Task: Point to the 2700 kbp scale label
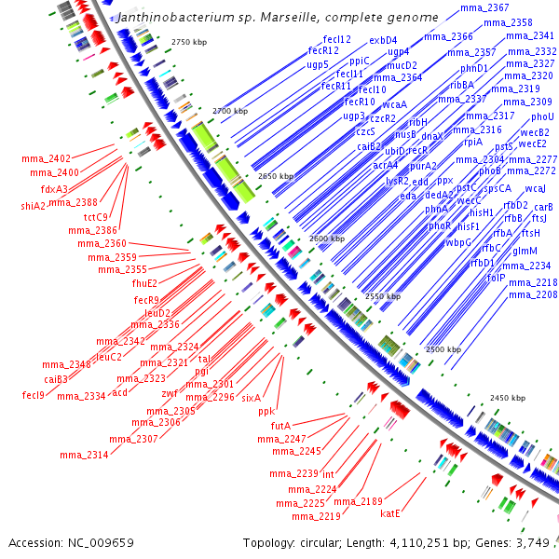tap(231, 111)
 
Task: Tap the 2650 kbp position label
tap(275, 176)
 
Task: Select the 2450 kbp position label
tap(509, 398)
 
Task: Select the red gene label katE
tap(390, 512)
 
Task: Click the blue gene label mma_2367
tap(484, 7)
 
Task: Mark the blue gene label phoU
tap(542, 116)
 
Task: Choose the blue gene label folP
tap(496, 278)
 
